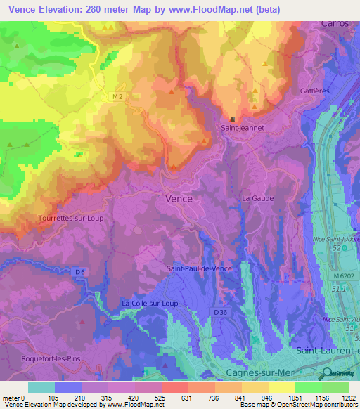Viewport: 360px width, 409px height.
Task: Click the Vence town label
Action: tap(179, 199)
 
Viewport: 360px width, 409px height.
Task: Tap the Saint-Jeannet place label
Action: tap(239, 128)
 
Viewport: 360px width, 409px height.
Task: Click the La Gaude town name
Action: tap(258, 199)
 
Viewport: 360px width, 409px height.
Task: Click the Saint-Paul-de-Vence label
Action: tap(199, 268)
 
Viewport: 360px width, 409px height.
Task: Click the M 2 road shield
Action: tap(117, 96)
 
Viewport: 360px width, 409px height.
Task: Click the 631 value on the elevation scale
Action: tap(174, 398)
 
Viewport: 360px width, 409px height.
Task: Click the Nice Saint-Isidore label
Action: tap(336, 240)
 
